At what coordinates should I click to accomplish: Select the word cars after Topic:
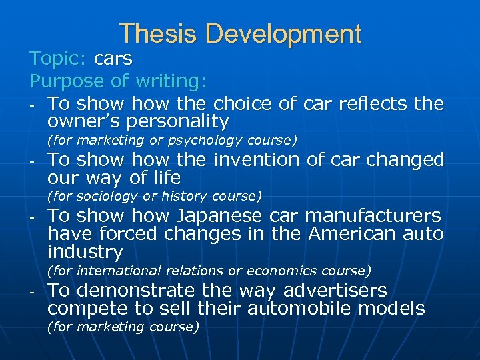pos(113,59)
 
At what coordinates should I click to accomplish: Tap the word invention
pos(255,160)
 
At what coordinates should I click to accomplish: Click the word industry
pos(85,253)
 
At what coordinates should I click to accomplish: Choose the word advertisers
pos(335,291)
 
